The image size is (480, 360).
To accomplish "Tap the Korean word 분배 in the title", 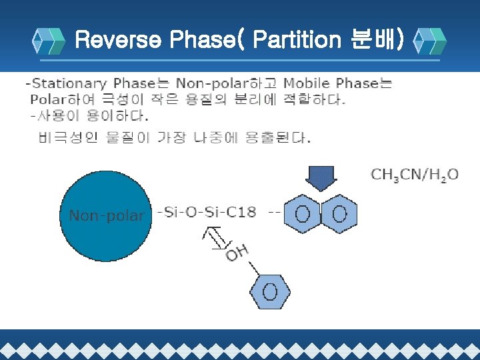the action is click(374, 40).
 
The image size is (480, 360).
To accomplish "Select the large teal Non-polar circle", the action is click(107, 213).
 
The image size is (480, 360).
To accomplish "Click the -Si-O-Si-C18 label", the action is click(207, 213).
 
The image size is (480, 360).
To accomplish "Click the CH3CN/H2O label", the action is click(414, 175).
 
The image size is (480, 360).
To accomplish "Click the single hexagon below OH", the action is click(270, 291).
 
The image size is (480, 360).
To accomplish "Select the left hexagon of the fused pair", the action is click(303, 214).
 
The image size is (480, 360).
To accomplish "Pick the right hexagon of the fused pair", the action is click(339, 214).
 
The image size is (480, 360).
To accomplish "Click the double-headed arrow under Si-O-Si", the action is click(215, 237).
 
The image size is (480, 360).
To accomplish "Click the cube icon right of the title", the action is click(429, 41).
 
